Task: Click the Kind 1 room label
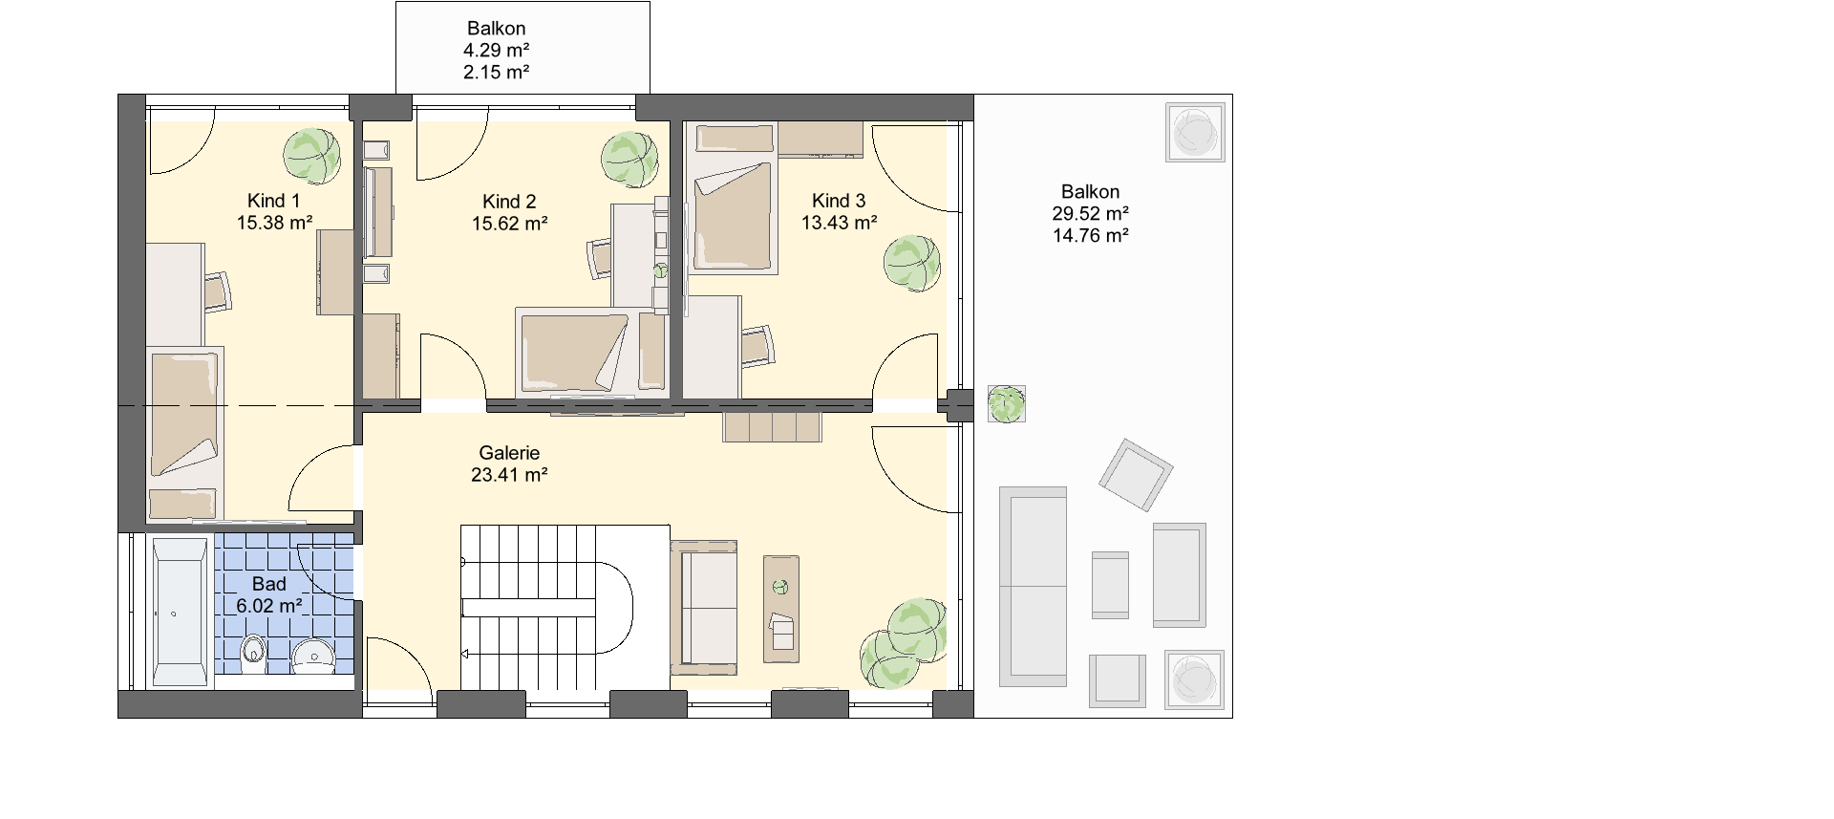click(274, 201)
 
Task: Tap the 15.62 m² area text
click(509, 224)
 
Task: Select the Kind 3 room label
click(839, 201)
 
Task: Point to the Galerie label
click(509, 453)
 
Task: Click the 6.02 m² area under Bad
click(269, 605)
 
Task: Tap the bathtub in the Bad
click(180, 612)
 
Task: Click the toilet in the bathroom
click(253, 654)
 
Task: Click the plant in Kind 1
click(311, 157)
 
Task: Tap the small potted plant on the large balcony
click(1005, 403)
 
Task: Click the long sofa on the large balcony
click(1033, 586)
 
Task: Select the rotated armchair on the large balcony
click(1136, 475)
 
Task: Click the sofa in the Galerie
click(704, 603)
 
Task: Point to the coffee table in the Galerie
click(780, 609)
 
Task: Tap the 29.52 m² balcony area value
click(1090, 214)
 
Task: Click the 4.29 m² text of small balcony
click(496, 51)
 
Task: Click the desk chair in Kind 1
click(218, 291)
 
